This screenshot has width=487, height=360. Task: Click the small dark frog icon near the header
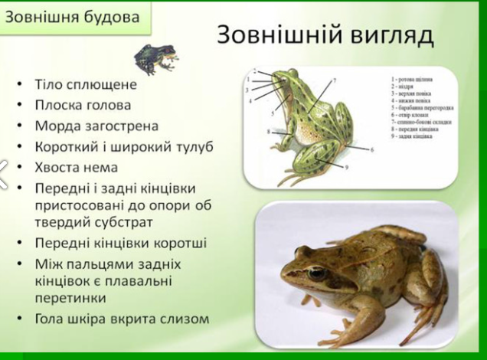pos(155,57)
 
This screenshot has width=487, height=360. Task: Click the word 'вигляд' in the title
pos(381,36)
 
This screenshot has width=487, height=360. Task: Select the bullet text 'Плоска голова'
pos(83,105)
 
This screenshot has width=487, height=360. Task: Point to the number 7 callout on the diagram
pos(335,80)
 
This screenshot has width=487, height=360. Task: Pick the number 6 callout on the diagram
pos(373,149)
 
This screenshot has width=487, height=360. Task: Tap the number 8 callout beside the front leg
pos(268,132)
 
